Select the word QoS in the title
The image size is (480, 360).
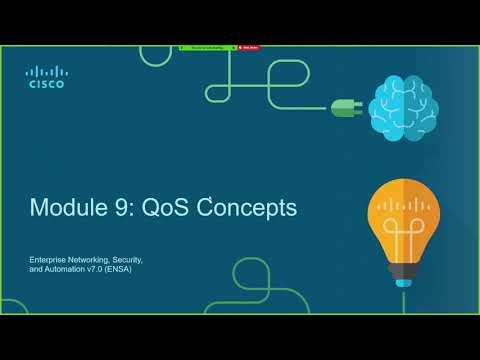tap(167, 208)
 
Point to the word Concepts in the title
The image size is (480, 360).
tap(249, 208)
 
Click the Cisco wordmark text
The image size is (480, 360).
tap(46, 84)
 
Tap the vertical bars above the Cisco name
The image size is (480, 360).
tap(46, 71)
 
